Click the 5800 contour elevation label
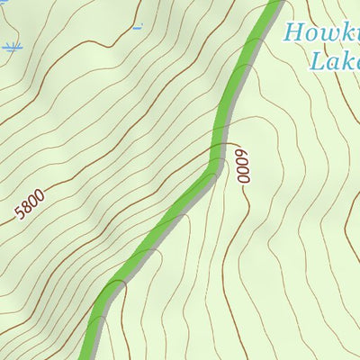point(29,209)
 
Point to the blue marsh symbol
point(11,47)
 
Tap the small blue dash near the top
point(138,27)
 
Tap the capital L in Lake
point(316,60)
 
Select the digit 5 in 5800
point(20,216)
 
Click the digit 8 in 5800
point(26,211)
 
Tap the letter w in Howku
point(329,35)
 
